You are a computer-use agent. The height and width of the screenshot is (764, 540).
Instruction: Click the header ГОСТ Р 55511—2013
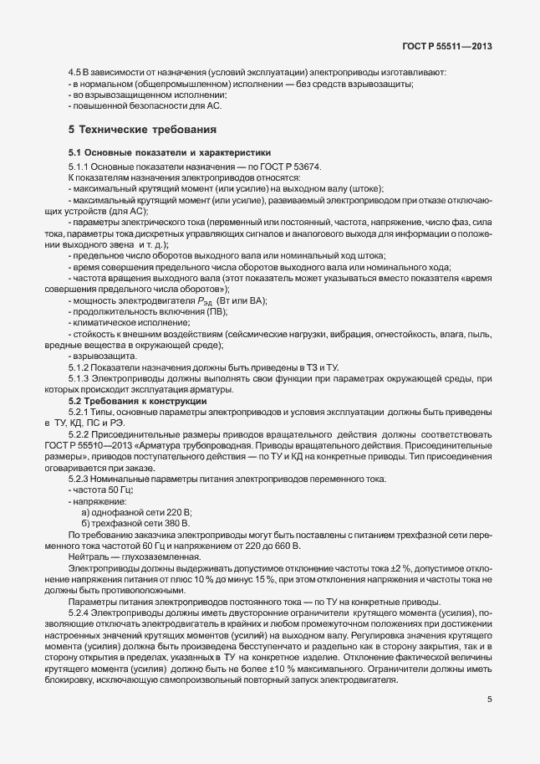(464, 46)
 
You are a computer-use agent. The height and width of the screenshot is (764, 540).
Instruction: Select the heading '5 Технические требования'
(142, 131)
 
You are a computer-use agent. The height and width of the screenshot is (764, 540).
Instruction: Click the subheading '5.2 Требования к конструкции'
(137, 402)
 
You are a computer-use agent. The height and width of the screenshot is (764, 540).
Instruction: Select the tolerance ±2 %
(374, 566)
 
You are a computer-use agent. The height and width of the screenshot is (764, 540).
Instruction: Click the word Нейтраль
(89, 555)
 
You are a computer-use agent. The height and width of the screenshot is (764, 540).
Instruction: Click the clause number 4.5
(74, 74)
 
